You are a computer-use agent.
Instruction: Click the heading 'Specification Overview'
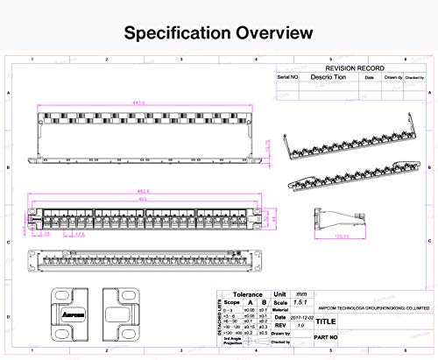coord(218,34)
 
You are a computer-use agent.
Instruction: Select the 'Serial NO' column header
coord(290,77)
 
